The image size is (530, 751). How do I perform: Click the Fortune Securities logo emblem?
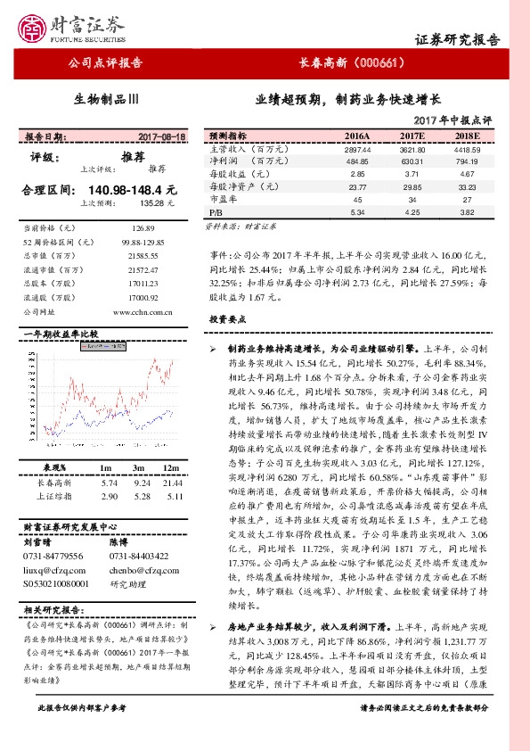pyautogui.click(x=36, y=26)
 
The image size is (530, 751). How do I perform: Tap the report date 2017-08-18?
pyautogui.click(x=162, y=137)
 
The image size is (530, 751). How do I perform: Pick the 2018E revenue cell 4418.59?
pyautogui.click(x=468, y=149)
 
